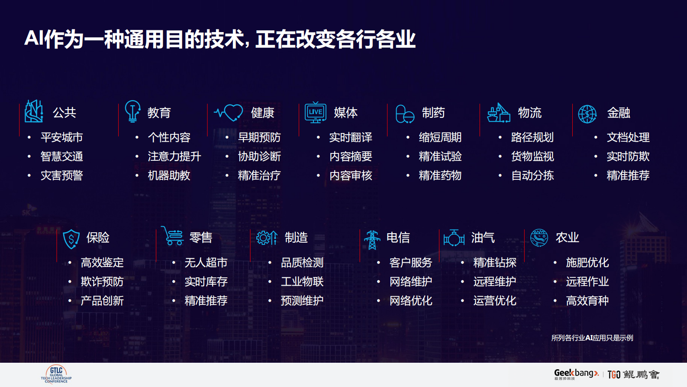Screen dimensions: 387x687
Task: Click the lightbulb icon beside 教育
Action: (x=132, y=111)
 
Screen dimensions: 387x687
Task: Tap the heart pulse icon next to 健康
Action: (x=229, y=113)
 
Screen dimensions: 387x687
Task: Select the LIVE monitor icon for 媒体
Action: (x=316, y=112)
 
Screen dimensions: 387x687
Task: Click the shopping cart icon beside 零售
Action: (x=173, y=236)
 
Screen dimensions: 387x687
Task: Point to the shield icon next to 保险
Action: (x=71, y=239)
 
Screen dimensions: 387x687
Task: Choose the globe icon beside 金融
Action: (x=587, y=114)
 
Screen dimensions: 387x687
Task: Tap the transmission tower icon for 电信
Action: (x=372, y=239)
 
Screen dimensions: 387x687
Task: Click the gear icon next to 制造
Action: (x=266, y=237)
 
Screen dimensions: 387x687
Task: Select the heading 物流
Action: (x=530, y=113)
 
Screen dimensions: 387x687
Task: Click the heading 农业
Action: (x=567, y=237)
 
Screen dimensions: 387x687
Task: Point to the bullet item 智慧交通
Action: (x=61, y=156)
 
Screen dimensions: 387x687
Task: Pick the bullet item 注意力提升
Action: (x=174, y=156)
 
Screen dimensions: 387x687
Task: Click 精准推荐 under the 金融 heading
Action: (x=628, y=176)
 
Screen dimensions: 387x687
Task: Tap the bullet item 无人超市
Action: (x=206, y=263)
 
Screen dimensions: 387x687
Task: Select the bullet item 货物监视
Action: (x=532, y=156)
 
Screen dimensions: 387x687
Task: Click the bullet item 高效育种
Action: (x=587, y=301)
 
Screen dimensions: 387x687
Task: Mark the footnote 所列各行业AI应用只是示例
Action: (x=592, y=338)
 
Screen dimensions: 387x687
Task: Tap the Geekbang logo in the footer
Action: (x=576, y=374)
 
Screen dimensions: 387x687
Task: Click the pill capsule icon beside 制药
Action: (x=405, y=114)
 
